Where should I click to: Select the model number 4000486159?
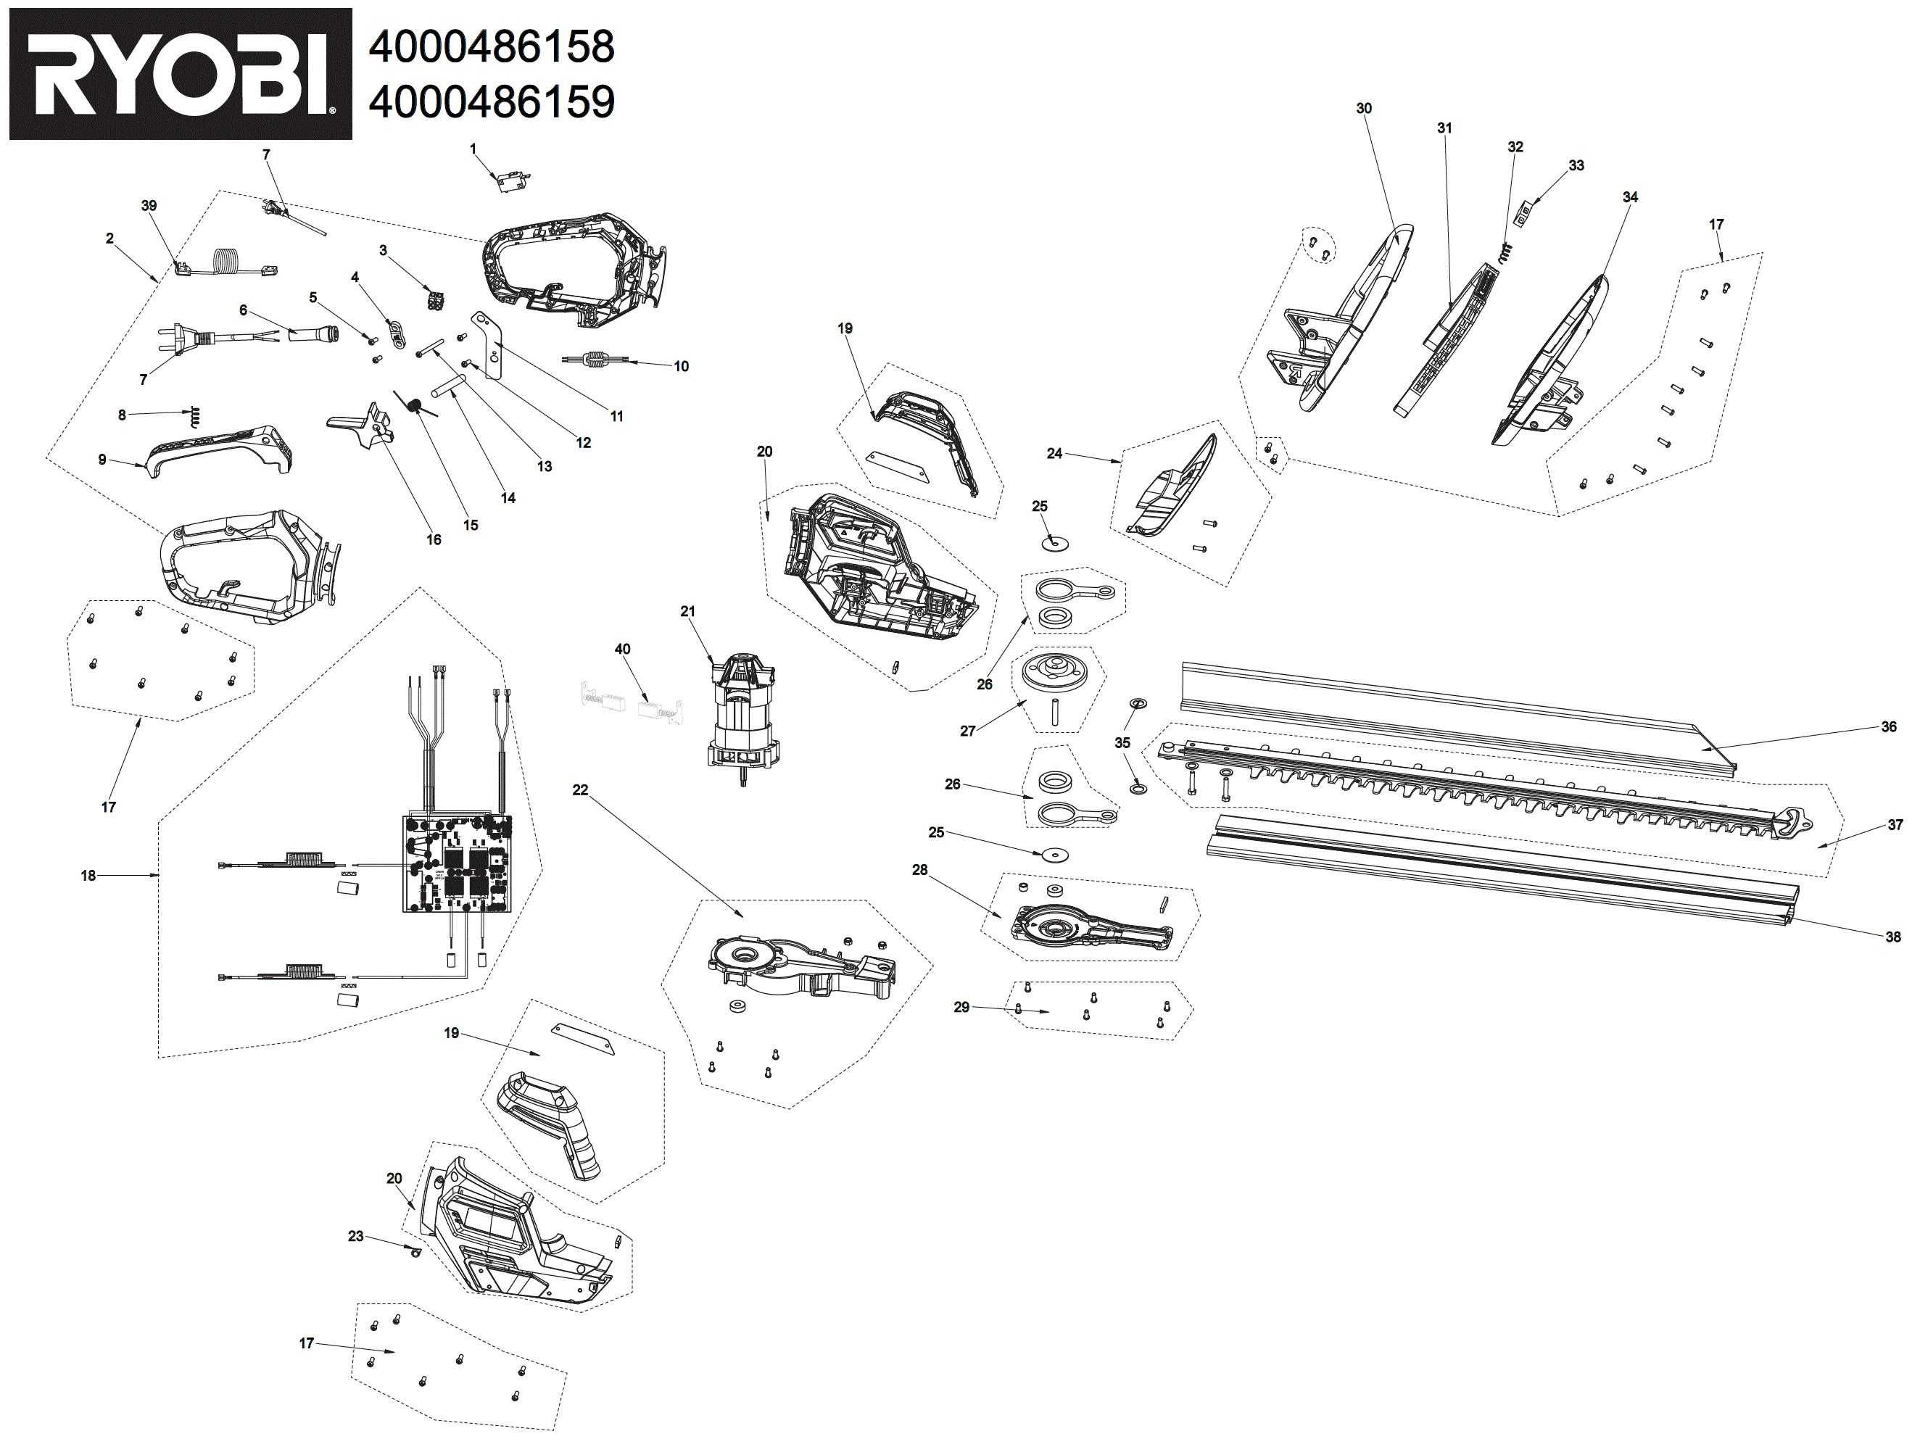pos(492,101)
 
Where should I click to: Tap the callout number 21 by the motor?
pos(687,611)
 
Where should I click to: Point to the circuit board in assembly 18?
pos(457,863)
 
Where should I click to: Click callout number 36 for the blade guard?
pos(1888,726)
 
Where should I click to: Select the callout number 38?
pos(1892,937)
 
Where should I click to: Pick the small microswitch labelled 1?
pos(511,181)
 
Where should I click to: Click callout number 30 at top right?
pos(1364,109)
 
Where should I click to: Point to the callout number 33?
pos(1576,165)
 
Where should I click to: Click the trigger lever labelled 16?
pos(365,426)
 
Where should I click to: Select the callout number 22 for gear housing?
pos(580,789)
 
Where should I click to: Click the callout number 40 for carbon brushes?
pos(621,650)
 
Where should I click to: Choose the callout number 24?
pos(1054,453)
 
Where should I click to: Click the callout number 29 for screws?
pos(961,1007)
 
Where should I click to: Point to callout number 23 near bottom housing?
pos(355,1236)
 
